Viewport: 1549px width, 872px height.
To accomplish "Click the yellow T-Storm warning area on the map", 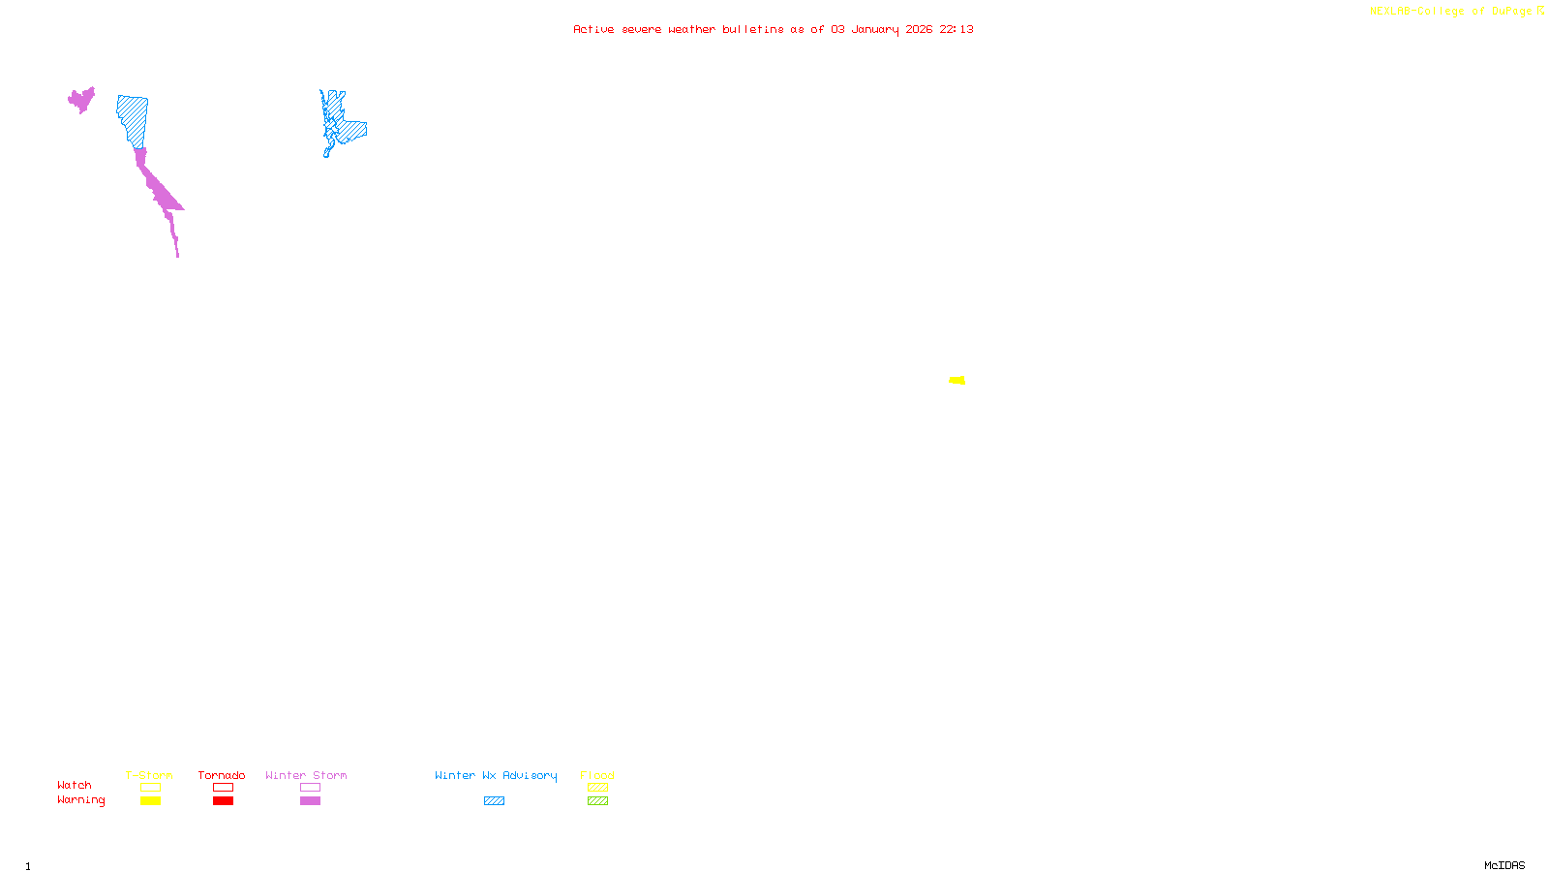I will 957,380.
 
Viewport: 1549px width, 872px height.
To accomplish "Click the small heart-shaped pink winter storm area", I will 81,99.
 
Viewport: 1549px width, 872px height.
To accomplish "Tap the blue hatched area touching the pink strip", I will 133,119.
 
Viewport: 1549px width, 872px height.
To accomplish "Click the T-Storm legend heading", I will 149,775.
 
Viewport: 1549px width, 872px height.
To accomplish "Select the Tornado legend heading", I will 222,775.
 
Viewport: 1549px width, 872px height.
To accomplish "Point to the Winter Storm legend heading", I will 306,775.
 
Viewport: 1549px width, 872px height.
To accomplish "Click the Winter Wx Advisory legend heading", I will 496,775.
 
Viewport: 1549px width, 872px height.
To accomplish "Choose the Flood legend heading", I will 597,775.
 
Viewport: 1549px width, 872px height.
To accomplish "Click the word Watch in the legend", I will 75,785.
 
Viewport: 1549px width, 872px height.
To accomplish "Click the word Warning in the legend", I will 80,800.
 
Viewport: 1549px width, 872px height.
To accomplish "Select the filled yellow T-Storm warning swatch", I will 150,801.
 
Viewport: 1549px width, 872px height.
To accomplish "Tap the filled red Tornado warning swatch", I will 223,801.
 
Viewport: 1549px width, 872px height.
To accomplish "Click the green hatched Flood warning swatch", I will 597,801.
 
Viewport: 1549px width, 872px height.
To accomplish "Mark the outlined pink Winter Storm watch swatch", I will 310,788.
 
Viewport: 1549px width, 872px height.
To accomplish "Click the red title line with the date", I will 774,29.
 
